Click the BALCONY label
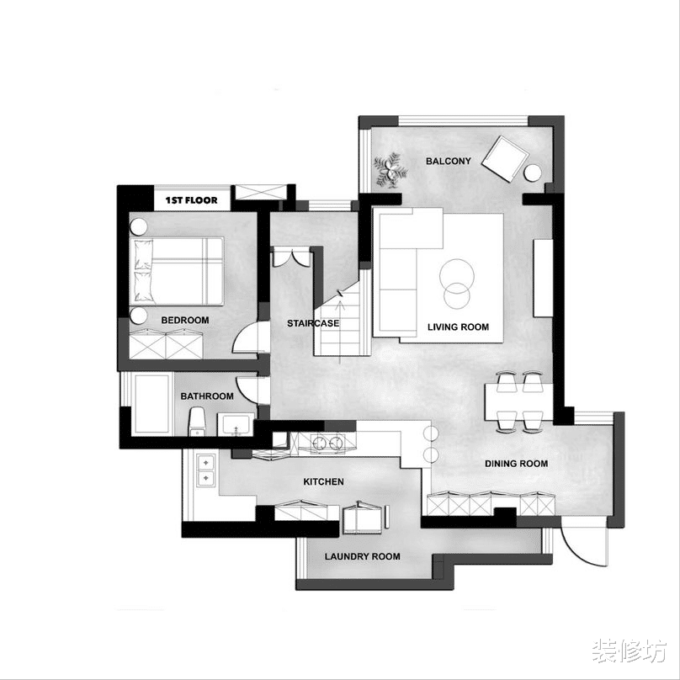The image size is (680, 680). point(448,162)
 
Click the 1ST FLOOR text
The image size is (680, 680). point(191,200)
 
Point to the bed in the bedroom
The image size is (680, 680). point(178,271)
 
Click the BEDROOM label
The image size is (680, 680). point(185,320)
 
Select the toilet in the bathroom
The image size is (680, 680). point(197,421)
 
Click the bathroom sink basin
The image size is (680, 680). point(236,424)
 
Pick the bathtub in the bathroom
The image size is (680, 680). point(151,404)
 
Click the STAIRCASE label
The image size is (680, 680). point(313,323)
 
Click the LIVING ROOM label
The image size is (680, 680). point(458,327)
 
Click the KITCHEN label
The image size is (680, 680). point(323,482)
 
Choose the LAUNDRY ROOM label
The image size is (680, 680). point(363,556)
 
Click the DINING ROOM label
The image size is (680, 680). point(516,464)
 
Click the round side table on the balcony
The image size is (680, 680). point(533,173)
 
